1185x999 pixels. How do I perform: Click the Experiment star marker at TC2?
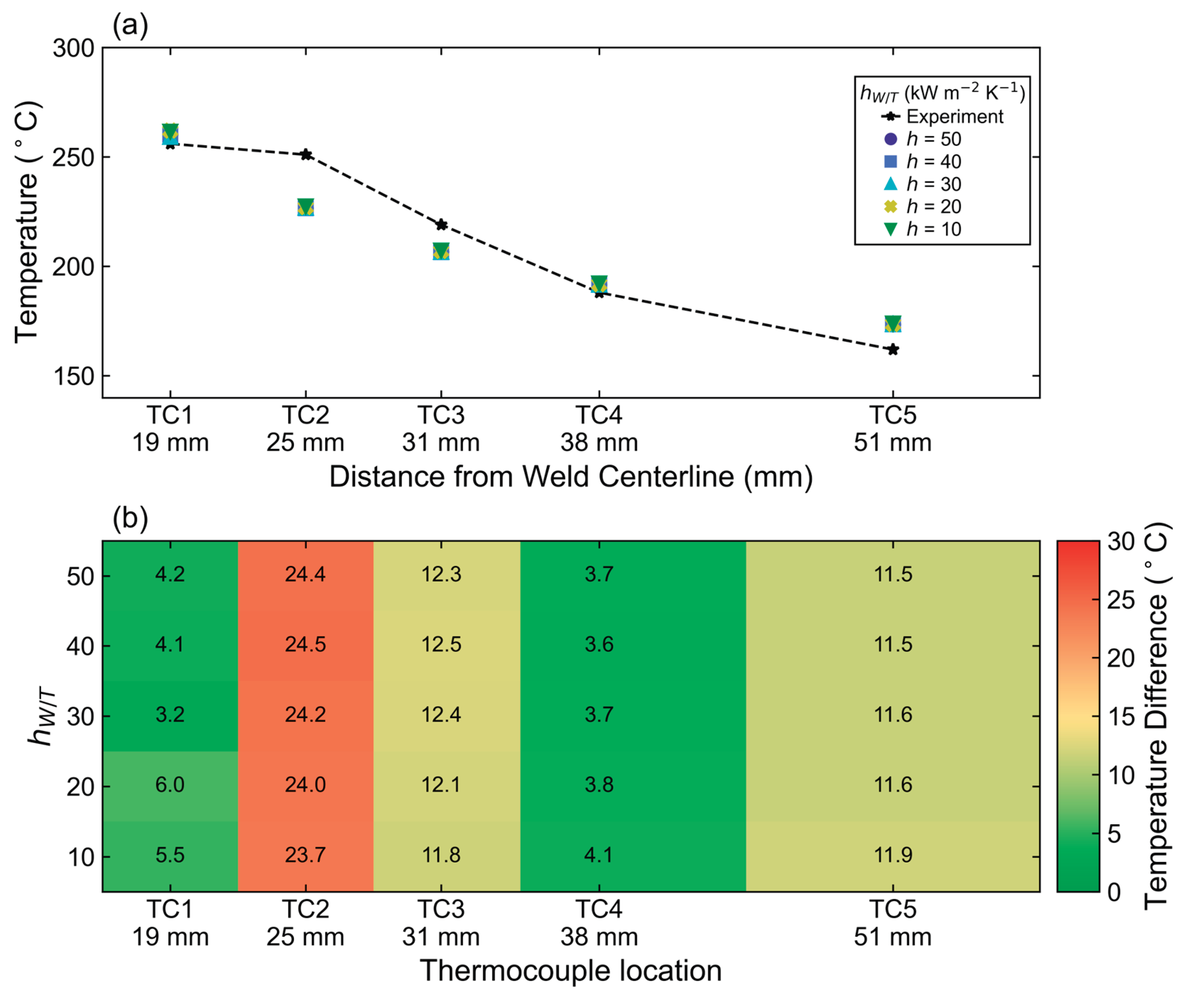coord(306,155)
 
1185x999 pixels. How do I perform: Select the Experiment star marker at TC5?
coord(893,350)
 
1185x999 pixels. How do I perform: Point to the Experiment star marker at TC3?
coord(441,225)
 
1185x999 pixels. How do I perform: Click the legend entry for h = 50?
coord(922,139)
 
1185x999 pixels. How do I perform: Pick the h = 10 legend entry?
coord(922,229)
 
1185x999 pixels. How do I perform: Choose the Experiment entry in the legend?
coord(942,116)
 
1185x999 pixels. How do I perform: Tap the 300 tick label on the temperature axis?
coord(74,48)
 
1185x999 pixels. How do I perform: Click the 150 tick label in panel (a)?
coord(74,376)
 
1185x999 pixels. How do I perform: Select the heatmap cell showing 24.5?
coord(306,644)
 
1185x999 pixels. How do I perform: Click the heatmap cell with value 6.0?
coord(170,785)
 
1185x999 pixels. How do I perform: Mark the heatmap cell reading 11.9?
coord(893,855)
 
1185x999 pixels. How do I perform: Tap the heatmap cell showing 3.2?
coord(170,715)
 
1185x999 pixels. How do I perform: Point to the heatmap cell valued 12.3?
coord(441,574)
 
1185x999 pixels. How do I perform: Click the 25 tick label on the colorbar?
coord(1121,600)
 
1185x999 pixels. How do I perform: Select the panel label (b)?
coord(130,518)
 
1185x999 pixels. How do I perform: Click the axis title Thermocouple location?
coord(571,970)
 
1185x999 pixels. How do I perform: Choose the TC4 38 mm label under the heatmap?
coord(599,923)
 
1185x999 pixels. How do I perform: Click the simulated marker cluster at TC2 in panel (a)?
coord(306,207)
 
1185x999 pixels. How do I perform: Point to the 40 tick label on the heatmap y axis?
coord(80,646)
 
